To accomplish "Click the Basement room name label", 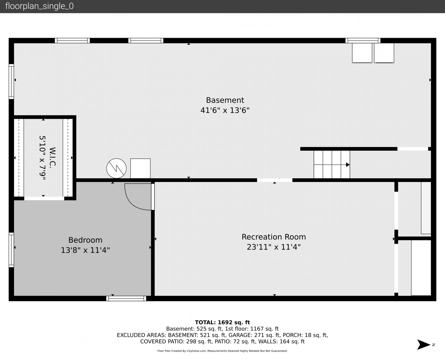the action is pos(225,100).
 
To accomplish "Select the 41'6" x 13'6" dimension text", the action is pos(225,110).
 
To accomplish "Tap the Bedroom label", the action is pos(85,240).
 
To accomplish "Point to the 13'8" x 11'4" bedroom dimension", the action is pos(85,250).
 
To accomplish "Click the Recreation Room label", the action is pos(274,237).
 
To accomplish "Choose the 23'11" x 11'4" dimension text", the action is pos(274,247).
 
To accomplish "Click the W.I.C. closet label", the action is pos(53,157).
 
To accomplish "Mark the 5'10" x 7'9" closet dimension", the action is pos(43,158).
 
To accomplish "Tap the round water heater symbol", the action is pos(116,168).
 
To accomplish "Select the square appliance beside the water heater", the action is pos(140,168).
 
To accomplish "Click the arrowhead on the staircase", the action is pos(348,165).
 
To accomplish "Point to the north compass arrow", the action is pos(424,345).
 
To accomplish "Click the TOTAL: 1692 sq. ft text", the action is pos(222,322).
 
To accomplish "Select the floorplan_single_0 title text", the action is pos(39,6).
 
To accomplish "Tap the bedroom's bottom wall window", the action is pos(126,298).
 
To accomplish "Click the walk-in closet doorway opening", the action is pos(44,198).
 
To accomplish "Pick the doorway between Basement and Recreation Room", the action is pos(275,180).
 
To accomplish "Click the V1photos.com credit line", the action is pos(222,351).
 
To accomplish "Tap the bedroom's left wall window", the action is pos(11,250).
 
